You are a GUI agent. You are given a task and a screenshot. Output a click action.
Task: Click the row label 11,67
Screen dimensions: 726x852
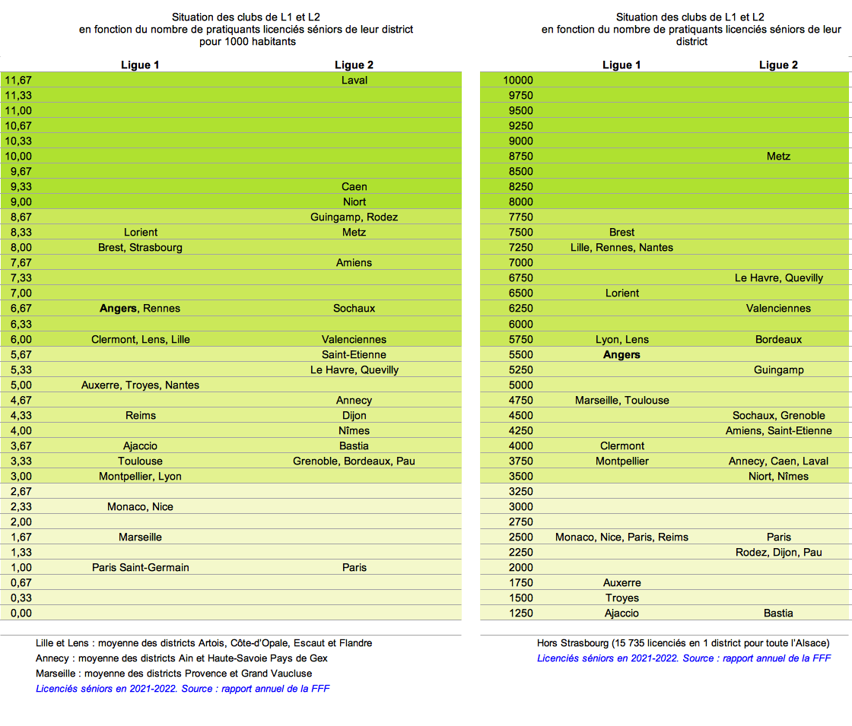click(x=18, y=80)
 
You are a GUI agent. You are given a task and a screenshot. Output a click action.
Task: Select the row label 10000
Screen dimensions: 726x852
click(x=518, y=80)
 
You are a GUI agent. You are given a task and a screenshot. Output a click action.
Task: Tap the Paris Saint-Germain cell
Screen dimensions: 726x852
click(x=141, y=567)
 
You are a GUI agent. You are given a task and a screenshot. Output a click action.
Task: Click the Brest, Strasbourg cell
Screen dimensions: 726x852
click(x=141, y=247)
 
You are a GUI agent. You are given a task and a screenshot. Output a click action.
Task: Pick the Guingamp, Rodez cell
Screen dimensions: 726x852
click(x=354, y=217)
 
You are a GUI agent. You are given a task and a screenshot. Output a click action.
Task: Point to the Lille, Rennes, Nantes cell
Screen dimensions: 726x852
click(x=622, y=247)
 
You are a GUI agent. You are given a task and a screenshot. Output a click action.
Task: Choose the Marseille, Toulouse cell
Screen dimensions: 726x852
click(x=622, y=400)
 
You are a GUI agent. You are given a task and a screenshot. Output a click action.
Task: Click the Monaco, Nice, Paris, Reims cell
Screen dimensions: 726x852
click(x=622, y=537)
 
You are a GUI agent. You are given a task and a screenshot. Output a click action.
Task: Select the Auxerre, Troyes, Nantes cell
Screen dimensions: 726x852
click(x=141, y=385)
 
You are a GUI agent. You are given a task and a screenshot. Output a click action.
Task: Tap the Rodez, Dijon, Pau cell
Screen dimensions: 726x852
click(x=778, y=552)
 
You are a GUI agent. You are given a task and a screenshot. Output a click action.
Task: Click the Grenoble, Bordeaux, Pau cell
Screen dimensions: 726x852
click(x=354, y=461)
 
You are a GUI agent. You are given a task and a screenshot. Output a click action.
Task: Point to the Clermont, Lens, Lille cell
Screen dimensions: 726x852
click(x=141, y=339)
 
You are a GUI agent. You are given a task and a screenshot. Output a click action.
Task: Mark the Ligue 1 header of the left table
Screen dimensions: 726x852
click(x=141, y=65)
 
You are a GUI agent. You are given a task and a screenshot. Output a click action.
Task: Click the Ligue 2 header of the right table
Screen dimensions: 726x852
click(x=778, y=65)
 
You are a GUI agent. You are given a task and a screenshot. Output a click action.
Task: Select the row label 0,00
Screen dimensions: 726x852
click(x=18, y=613)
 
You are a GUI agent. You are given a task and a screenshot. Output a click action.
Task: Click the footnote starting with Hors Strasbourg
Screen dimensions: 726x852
click(x=683, y=643)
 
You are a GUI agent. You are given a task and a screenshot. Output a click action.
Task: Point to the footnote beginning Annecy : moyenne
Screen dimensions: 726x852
click(x=182, y=658)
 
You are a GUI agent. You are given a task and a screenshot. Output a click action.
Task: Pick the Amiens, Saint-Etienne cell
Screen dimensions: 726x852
click(x=778, y=430)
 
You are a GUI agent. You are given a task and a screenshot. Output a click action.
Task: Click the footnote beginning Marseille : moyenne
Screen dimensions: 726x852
click(x=173, y=674)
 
